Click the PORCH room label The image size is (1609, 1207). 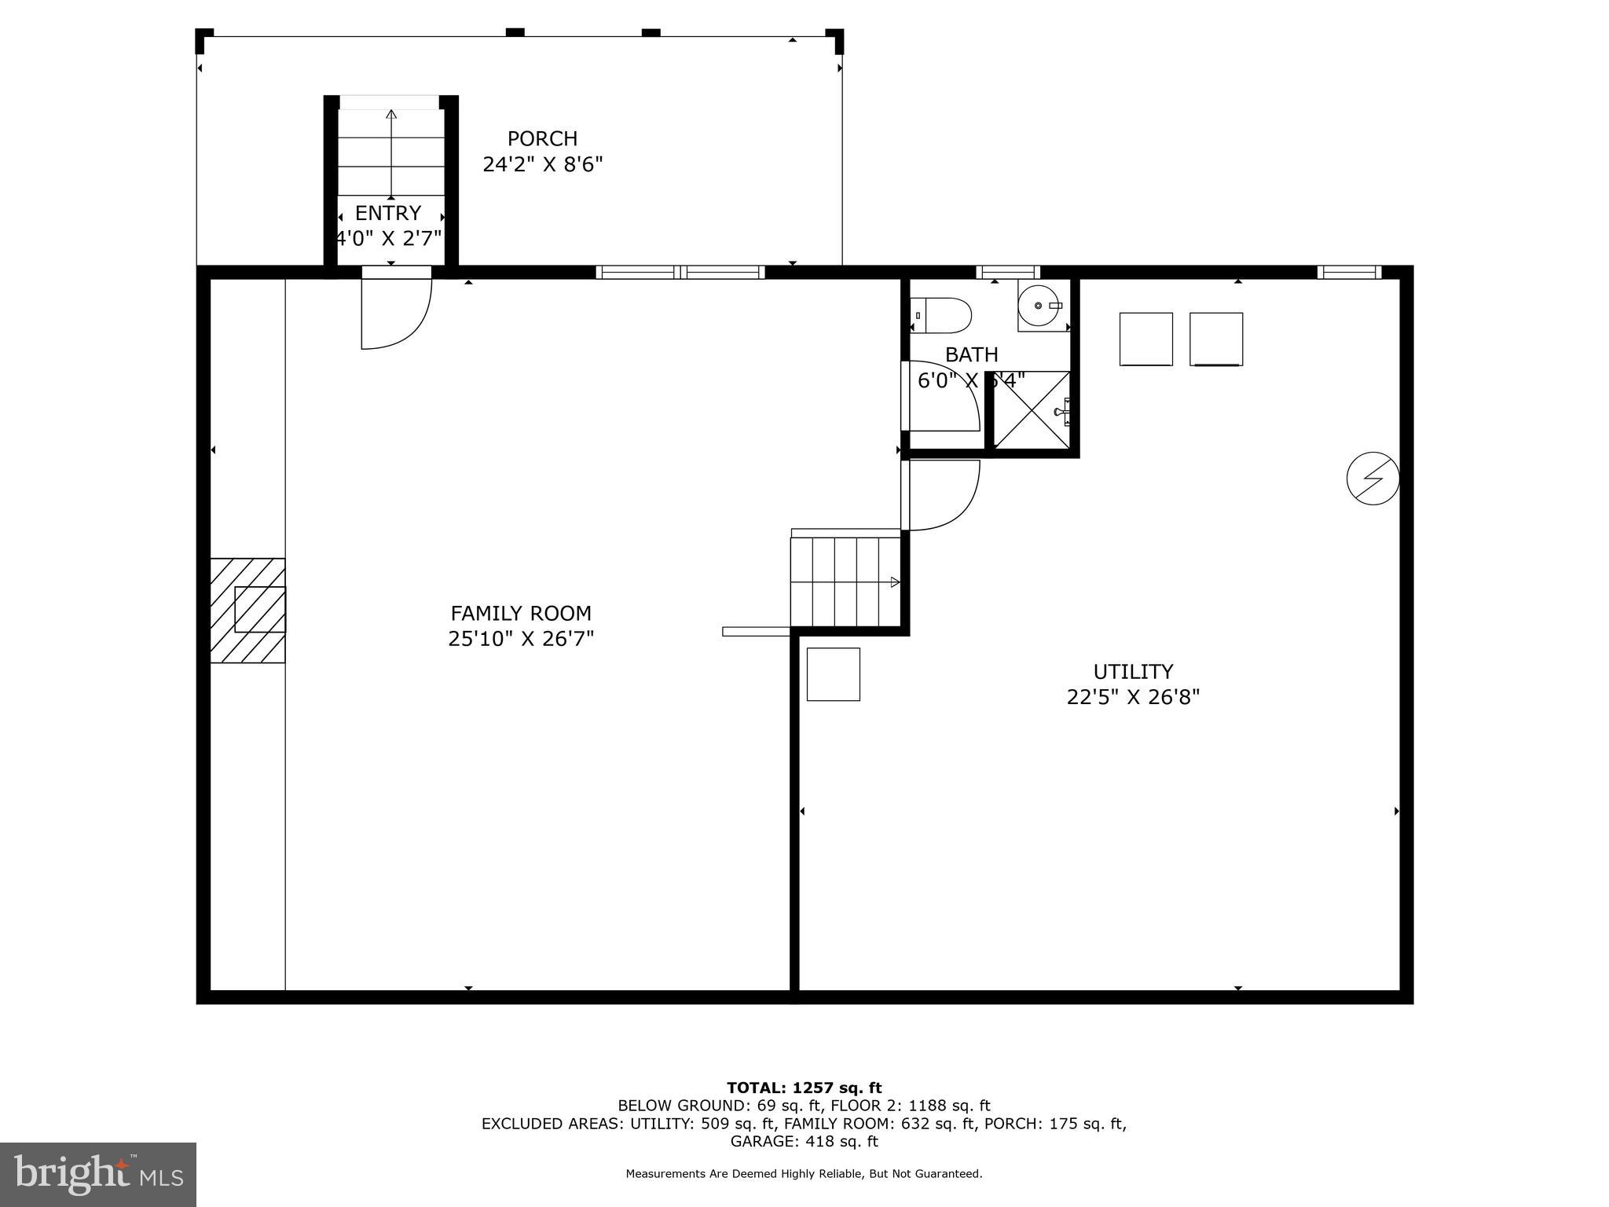coord(542,139)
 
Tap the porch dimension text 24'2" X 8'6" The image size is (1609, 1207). coord(542,165)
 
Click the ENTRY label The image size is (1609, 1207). coord(388,213)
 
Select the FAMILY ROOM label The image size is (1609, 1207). coord(521,613)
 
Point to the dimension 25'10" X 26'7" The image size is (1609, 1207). coord(521,639)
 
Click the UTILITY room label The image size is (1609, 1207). coord(1133,672)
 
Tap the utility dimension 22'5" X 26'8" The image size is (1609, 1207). coord(1133,698)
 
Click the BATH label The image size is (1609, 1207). coord(971,354)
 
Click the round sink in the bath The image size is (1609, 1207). coord(1040,306)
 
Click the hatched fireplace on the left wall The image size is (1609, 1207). coord(248,610)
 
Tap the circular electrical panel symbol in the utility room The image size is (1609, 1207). coord(1373,478)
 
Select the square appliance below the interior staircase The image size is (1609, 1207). coord(833,674)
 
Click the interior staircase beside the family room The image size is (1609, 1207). coord(845,581)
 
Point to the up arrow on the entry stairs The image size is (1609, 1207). coord(391,115)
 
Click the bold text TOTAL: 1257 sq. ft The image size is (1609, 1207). coord(804,1088)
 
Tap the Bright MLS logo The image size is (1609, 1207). coord(98,1174)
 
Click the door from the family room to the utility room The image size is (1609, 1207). coord(941,495)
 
